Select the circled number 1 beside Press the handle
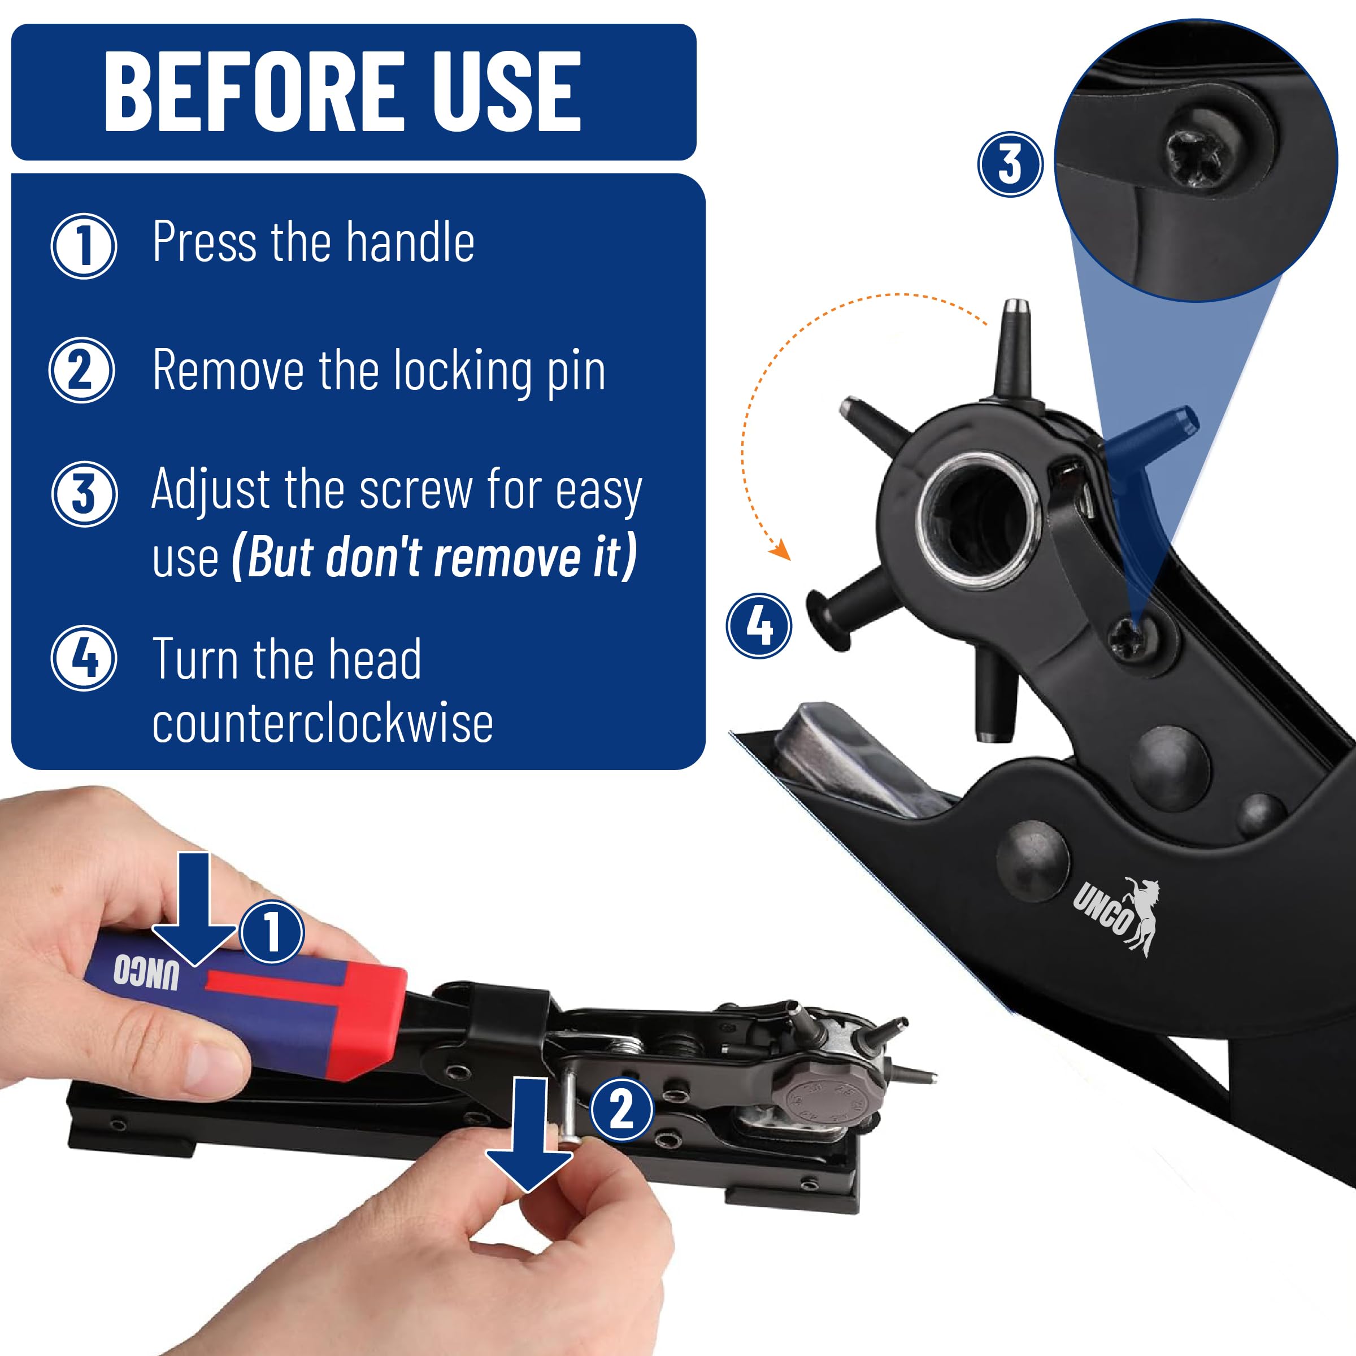[84, 246]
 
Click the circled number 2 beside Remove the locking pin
[81, 370]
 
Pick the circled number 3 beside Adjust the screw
[84, 494]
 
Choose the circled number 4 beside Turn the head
[84, 658]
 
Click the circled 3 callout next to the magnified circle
[1011, 164]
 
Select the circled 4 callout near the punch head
[759, 625]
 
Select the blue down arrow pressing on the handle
[194, 909]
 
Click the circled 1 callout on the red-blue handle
[272, 931]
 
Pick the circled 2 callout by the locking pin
[622, 1110]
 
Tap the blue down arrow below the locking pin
[529, 1136]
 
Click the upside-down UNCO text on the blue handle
[146, 972]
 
